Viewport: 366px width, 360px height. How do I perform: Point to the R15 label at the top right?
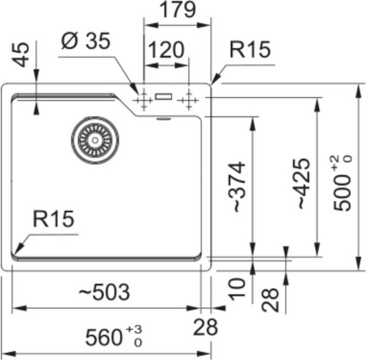pyautogui.click(x=250, y=50)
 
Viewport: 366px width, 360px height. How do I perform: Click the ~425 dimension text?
pyautogui.click(x=300, y=184)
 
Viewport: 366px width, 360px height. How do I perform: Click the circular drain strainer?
pyautogui.click(x=95, y=140)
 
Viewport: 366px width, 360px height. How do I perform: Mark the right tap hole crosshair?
pyautogui.click(x=188, y=100)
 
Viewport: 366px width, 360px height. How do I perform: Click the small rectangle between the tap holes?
pyautogui.click(x=164, y=96)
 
